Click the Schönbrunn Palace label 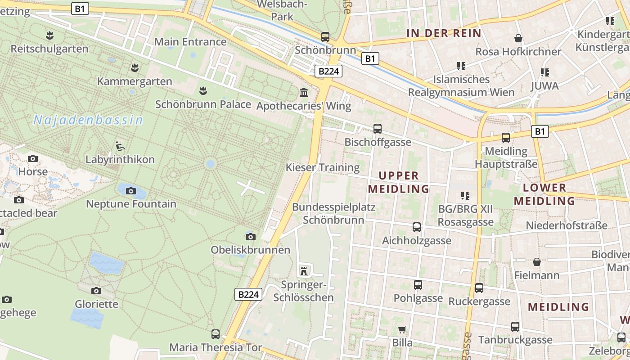point(203,104)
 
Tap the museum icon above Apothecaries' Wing point(304,93)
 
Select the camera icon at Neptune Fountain point(131,191)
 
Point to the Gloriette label point(96,304)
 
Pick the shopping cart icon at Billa point(402,329)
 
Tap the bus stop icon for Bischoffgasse point(378,129)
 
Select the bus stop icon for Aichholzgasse point(417,227)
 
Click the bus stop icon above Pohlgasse point(418,284)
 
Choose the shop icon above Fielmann point(537,261)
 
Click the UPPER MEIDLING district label point(399,182)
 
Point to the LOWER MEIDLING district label point(544,194)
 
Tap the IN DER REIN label point(444,33)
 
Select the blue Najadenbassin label point(88,120)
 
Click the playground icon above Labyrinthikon point(120,146)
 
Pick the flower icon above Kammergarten point(134,68)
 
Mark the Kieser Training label point(323,168)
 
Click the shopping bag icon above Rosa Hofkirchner point(518,38)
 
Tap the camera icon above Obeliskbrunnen point(251,237)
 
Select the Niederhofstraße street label point(567,225)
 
